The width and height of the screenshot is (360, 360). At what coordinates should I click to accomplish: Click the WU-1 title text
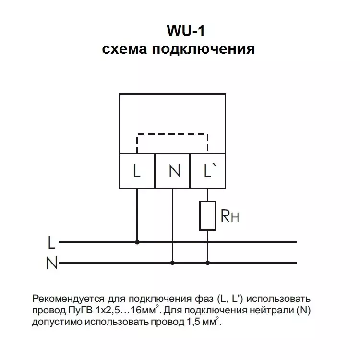(185, 31)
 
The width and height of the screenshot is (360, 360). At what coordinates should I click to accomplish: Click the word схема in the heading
(124, 48)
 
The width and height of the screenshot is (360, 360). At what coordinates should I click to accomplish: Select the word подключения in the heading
(204, 49)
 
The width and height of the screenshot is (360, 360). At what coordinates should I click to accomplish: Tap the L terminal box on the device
(137, 171)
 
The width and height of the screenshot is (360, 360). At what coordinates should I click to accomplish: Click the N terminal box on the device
(173, 171)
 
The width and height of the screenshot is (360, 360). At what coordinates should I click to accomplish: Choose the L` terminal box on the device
(208, 171)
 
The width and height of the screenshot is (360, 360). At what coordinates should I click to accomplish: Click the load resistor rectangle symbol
(207, 216)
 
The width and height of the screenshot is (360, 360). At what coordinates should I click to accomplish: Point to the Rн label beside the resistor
(229, 216)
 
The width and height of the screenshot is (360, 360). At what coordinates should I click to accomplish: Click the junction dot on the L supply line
(137, 242)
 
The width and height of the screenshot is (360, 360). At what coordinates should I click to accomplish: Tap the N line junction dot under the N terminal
(172, 263)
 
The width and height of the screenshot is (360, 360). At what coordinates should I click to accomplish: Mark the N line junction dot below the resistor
(207, 263)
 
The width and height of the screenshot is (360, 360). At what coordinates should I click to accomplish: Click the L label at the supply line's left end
(51, 242)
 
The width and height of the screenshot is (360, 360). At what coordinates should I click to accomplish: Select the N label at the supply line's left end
(52, 263)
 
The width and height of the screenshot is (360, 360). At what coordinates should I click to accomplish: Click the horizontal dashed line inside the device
(172, 134)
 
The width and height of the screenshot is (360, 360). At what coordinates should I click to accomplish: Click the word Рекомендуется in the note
(68, 299)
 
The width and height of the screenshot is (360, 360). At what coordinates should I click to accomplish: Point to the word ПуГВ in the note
(80, 311)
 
